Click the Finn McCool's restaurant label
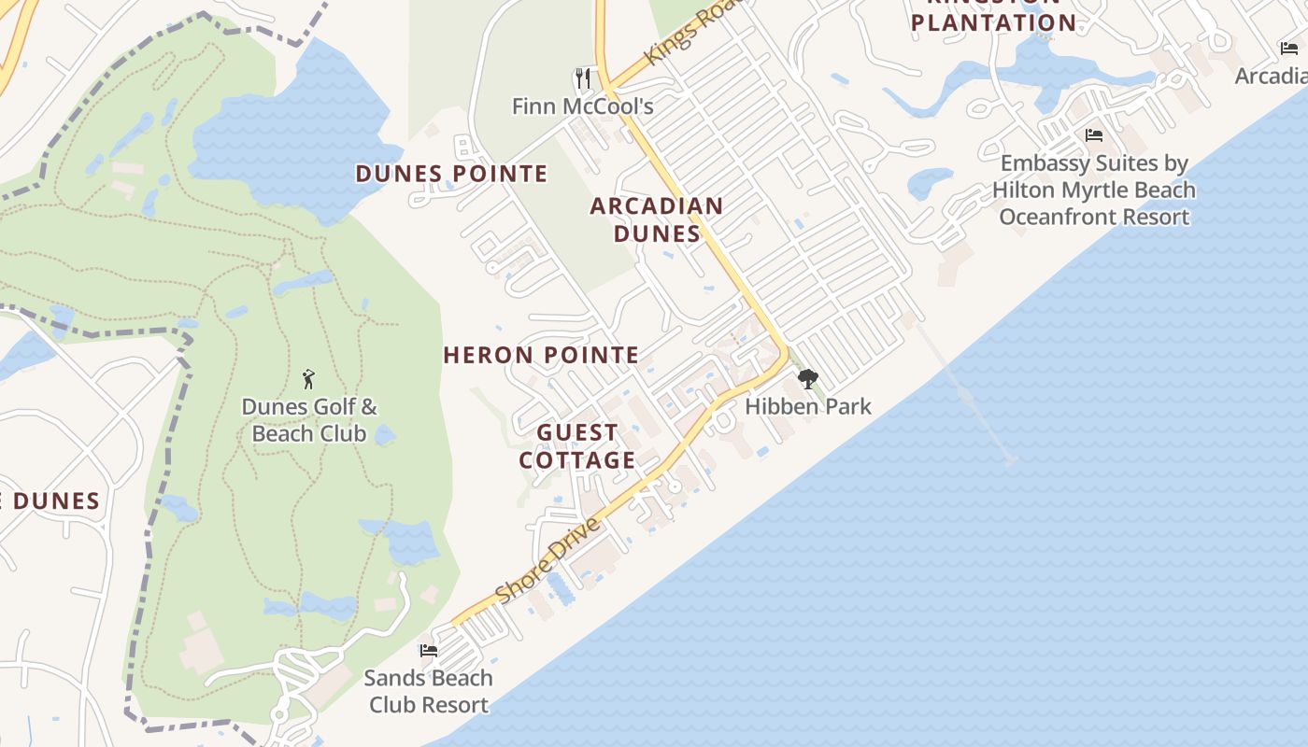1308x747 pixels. point(582,106)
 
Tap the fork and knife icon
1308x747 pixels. point(584,78)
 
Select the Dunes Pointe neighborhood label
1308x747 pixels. point(451,174)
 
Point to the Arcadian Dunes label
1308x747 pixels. point(657,219)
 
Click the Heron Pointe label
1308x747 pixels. point(541,355)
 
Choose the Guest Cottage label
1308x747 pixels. point(577,446)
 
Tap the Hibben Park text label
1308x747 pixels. point(808,406)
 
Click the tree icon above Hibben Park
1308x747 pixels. point(808,379)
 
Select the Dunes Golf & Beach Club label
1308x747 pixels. point(309,420)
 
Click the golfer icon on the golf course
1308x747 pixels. point(309,379)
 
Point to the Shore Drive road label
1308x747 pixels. point(547,560)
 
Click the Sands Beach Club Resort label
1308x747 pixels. point(429,691)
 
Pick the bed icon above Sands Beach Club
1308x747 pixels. point(429,650)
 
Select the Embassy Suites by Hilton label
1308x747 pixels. point(1094,190)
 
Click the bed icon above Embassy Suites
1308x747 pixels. point(1094,135)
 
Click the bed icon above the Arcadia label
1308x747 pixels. point(1289,49)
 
